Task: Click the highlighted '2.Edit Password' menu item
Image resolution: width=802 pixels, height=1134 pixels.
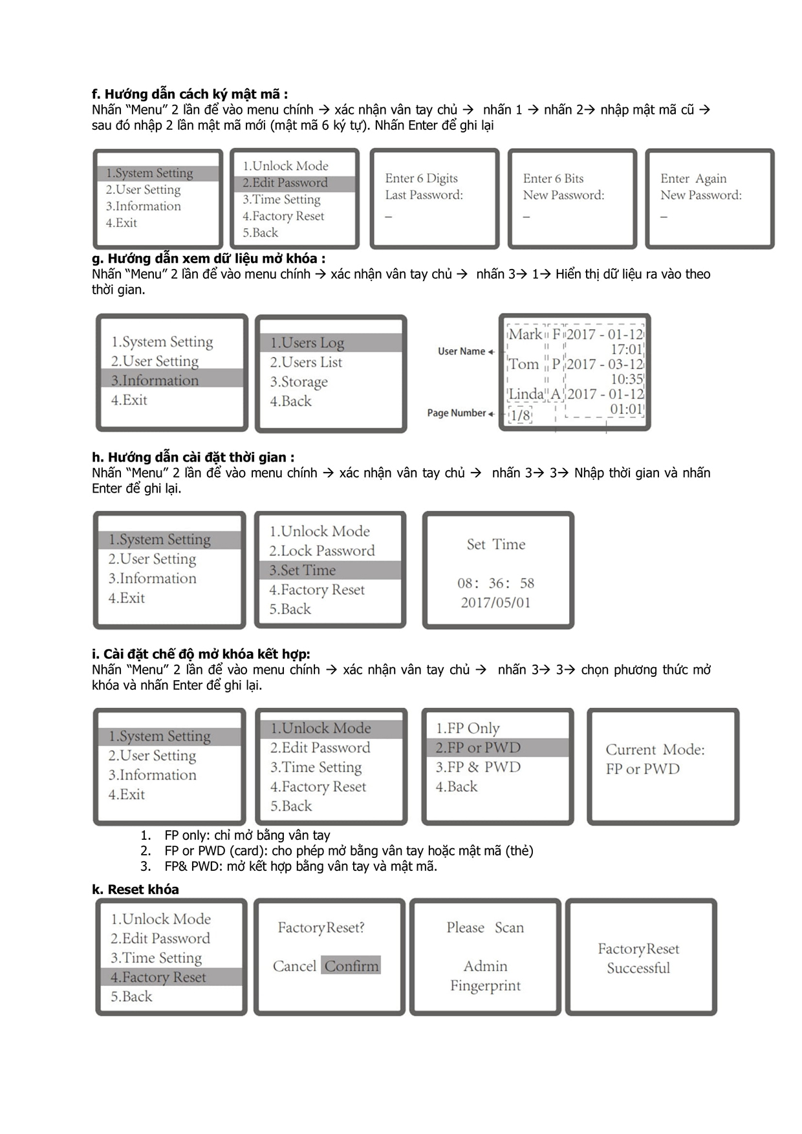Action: coord(285,183)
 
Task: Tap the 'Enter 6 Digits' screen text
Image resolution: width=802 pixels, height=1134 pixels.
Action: coord(421,178)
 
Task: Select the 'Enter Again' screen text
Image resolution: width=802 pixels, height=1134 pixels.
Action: coord(693,178)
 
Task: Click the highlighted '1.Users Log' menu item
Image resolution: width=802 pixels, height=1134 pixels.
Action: coord(307,343)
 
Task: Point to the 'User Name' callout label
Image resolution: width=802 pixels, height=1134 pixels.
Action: coord(461,351)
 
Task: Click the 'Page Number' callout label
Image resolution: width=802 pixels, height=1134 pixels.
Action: coord(456,413)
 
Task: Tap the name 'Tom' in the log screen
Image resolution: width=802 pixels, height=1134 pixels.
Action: coord(523,364)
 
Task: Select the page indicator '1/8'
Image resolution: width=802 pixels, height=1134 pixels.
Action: coord(520,415)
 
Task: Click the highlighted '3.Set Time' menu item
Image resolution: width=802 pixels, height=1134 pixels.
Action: coord(303,570)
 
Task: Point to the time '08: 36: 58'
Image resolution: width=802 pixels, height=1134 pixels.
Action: coord(495,583)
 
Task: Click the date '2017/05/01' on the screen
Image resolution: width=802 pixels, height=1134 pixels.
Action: coord(495,603)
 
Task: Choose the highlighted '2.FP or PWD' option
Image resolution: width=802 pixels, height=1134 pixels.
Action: coord(478,748)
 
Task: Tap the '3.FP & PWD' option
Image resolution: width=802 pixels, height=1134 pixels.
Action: coord(478,767)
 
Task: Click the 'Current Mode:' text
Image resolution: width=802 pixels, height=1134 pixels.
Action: coord(655,750)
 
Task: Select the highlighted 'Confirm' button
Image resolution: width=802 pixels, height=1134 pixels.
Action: coord(351,966)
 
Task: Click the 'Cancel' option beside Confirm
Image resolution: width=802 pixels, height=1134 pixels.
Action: coord(294,966)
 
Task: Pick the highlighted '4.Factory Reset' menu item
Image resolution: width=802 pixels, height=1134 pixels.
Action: coord(158,978)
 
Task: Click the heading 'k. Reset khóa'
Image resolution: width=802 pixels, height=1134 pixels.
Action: coord(135,890)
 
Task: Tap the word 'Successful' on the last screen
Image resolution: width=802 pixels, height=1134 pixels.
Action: coord(638,968)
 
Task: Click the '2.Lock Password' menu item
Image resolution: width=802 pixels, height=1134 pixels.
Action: coord(322,551)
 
